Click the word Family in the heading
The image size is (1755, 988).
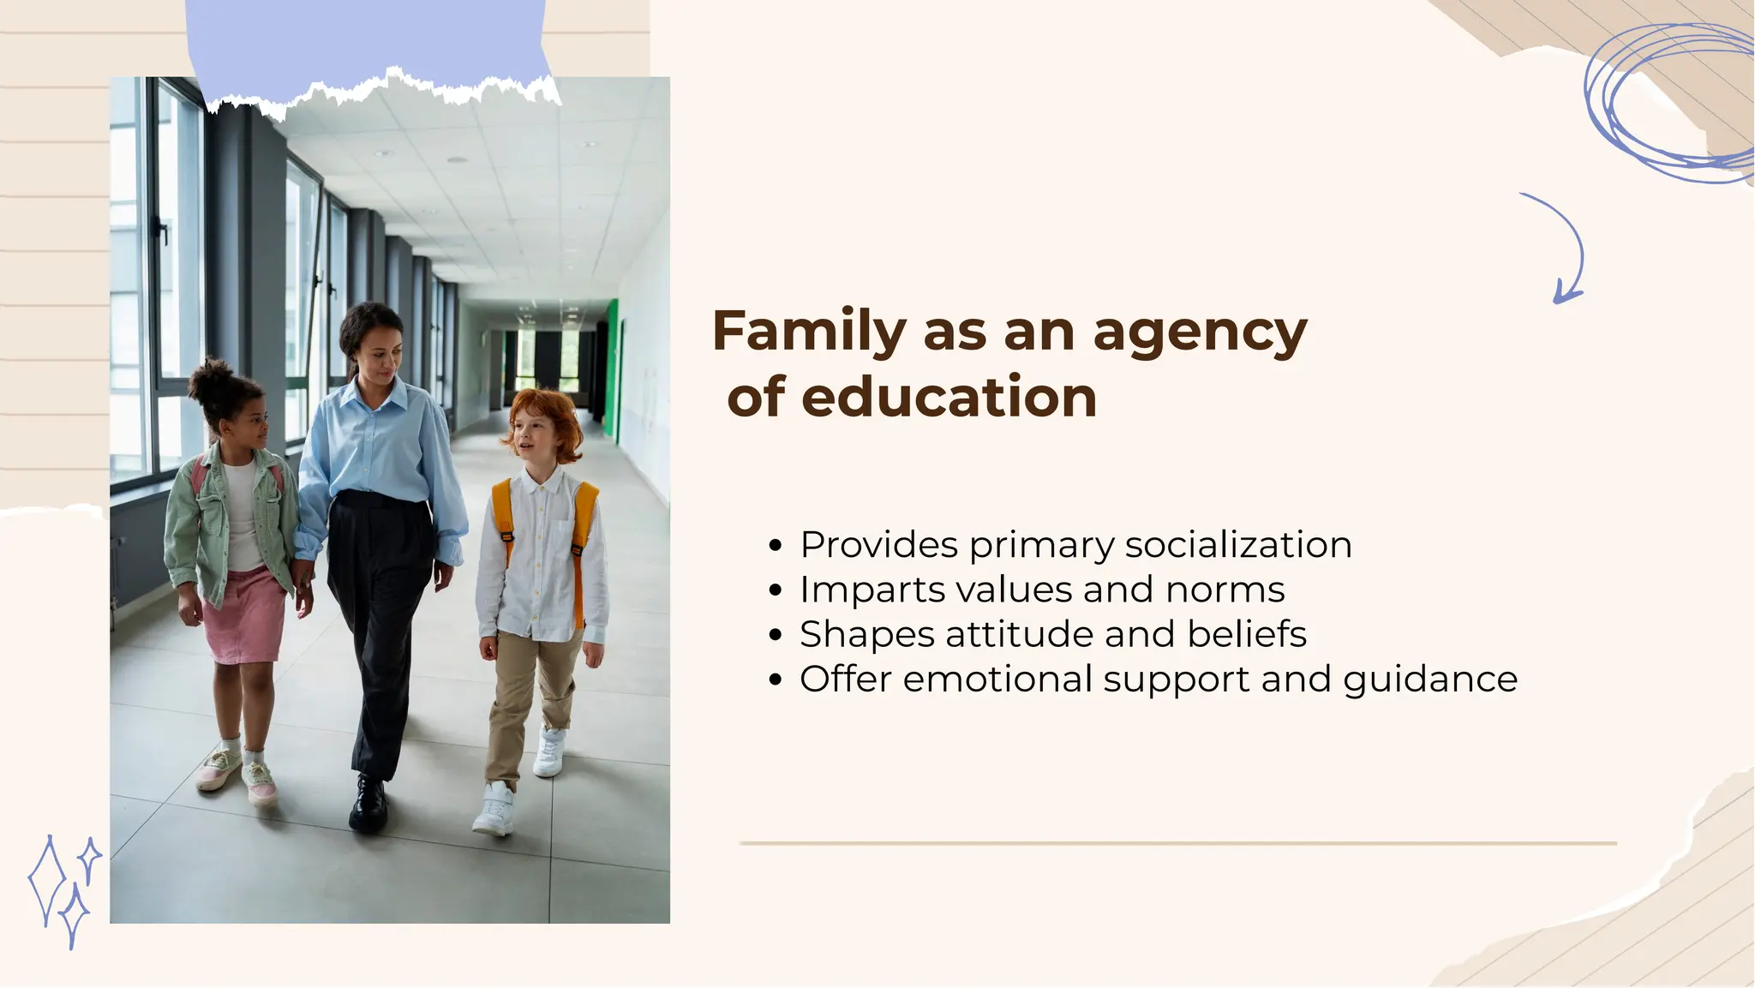click(x=809, y=332)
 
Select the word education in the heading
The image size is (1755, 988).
click(x=949, y=397)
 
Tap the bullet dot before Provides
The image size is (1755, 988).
click(x=776, y=546)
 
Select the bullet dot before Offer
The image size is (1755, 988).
click(x=776, y=680)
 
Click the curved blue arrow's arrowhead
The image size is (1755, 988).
click(x=1565, y=294)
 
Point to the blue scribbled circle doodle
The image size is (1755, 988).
click(x=1667, y=103)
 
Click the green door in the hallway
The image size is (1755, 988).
click(x=611, y=368)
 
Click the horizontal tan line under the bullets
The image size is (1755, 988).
click(x=1177, y=843)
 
